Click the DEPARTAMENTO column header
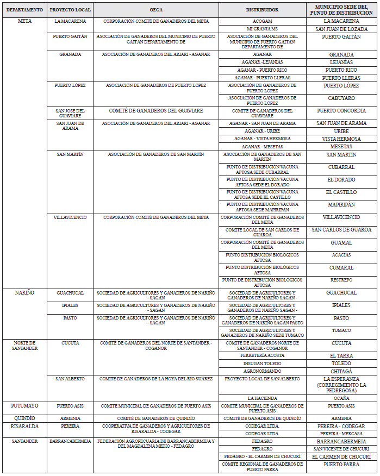click(x=24, y=10)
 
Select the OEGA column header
click(x=155, y=10)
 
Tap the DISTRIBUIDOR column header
click(x=262, y=10)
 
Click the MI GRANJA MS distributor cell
click(x=262, y=29)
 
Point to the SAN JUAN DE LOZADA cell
click(x=341, y=29)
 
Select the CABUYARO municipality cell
click(x=341, y=98)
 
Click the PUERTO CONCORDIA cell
click(x=341, y=111)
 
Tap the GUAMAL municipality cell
click(x=341, y=242)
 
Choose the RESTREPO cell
click(x=341, y=280)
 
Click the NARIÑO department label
click(x=24, y=293)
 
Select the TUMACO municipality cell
click(x=341, y=330)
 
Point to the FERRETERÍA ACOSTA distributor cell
click(x=262, y=355)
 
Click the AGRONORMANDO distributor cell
click(x=262, y=371)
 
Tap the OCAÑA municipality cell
click(x=341, y=398)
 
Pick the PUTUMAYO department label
click(x=24, y=406)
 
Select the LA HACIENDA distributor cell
click(x=262, y=398)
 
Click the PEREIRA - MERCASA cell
click(x=341, y=434)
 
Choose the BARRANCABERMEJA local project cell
click(x=70, y=442)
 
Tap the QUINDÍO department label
click(x=24, y=418)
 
